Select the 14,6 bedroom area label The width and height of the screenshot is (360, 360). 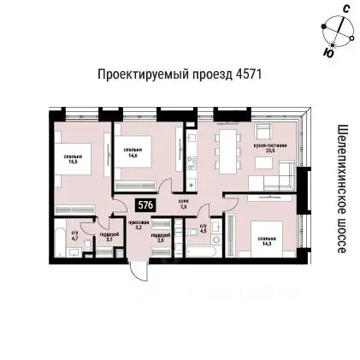coord(133,152)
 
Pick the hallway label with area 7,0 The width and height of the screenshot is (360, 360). coord(182,204)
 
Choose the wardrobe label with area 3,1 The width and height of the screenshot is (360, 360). coord(109,239)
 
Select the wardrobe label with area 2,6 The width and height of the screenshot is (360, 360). coord(161,239)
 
